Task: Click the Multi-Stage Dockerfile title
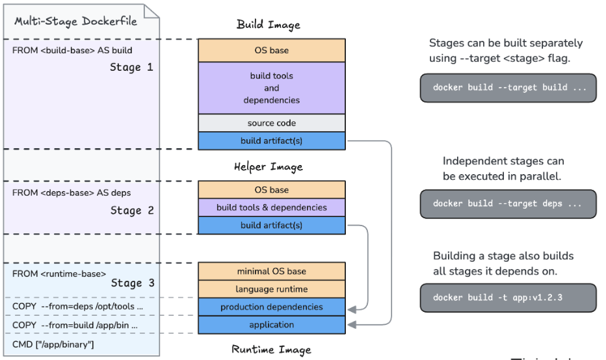click(x=76, y=21)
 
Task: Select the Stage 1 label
click(x=131, y=67)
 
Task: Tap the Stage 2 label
click(x=131, y=210)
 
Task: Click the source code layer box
click(x=272, y=123)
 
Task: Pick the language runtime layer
click(x=272, y=289)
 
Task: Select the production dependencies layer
click(x=272, y=307)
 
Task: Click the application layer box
click(x=272, y=325)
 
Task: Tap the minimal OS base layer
click(x=272, y=271)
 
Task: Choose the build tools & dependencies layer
click(x=272, y=207)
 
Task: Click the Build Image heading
click(x=269, y=25)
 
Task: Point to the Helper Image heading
click(x=269, y=167)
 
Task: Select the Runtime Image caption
click(x=271, y=350)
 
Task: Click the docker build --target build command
click(x=508, y=88)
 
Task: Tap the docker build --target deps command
click(x=508, y=203)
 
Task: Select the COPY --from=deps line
click(x=78, y=306)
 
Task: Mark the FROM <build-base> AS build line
click(x=72, y=50)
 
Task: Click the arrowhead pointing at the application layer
click(x=351, y=324)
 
